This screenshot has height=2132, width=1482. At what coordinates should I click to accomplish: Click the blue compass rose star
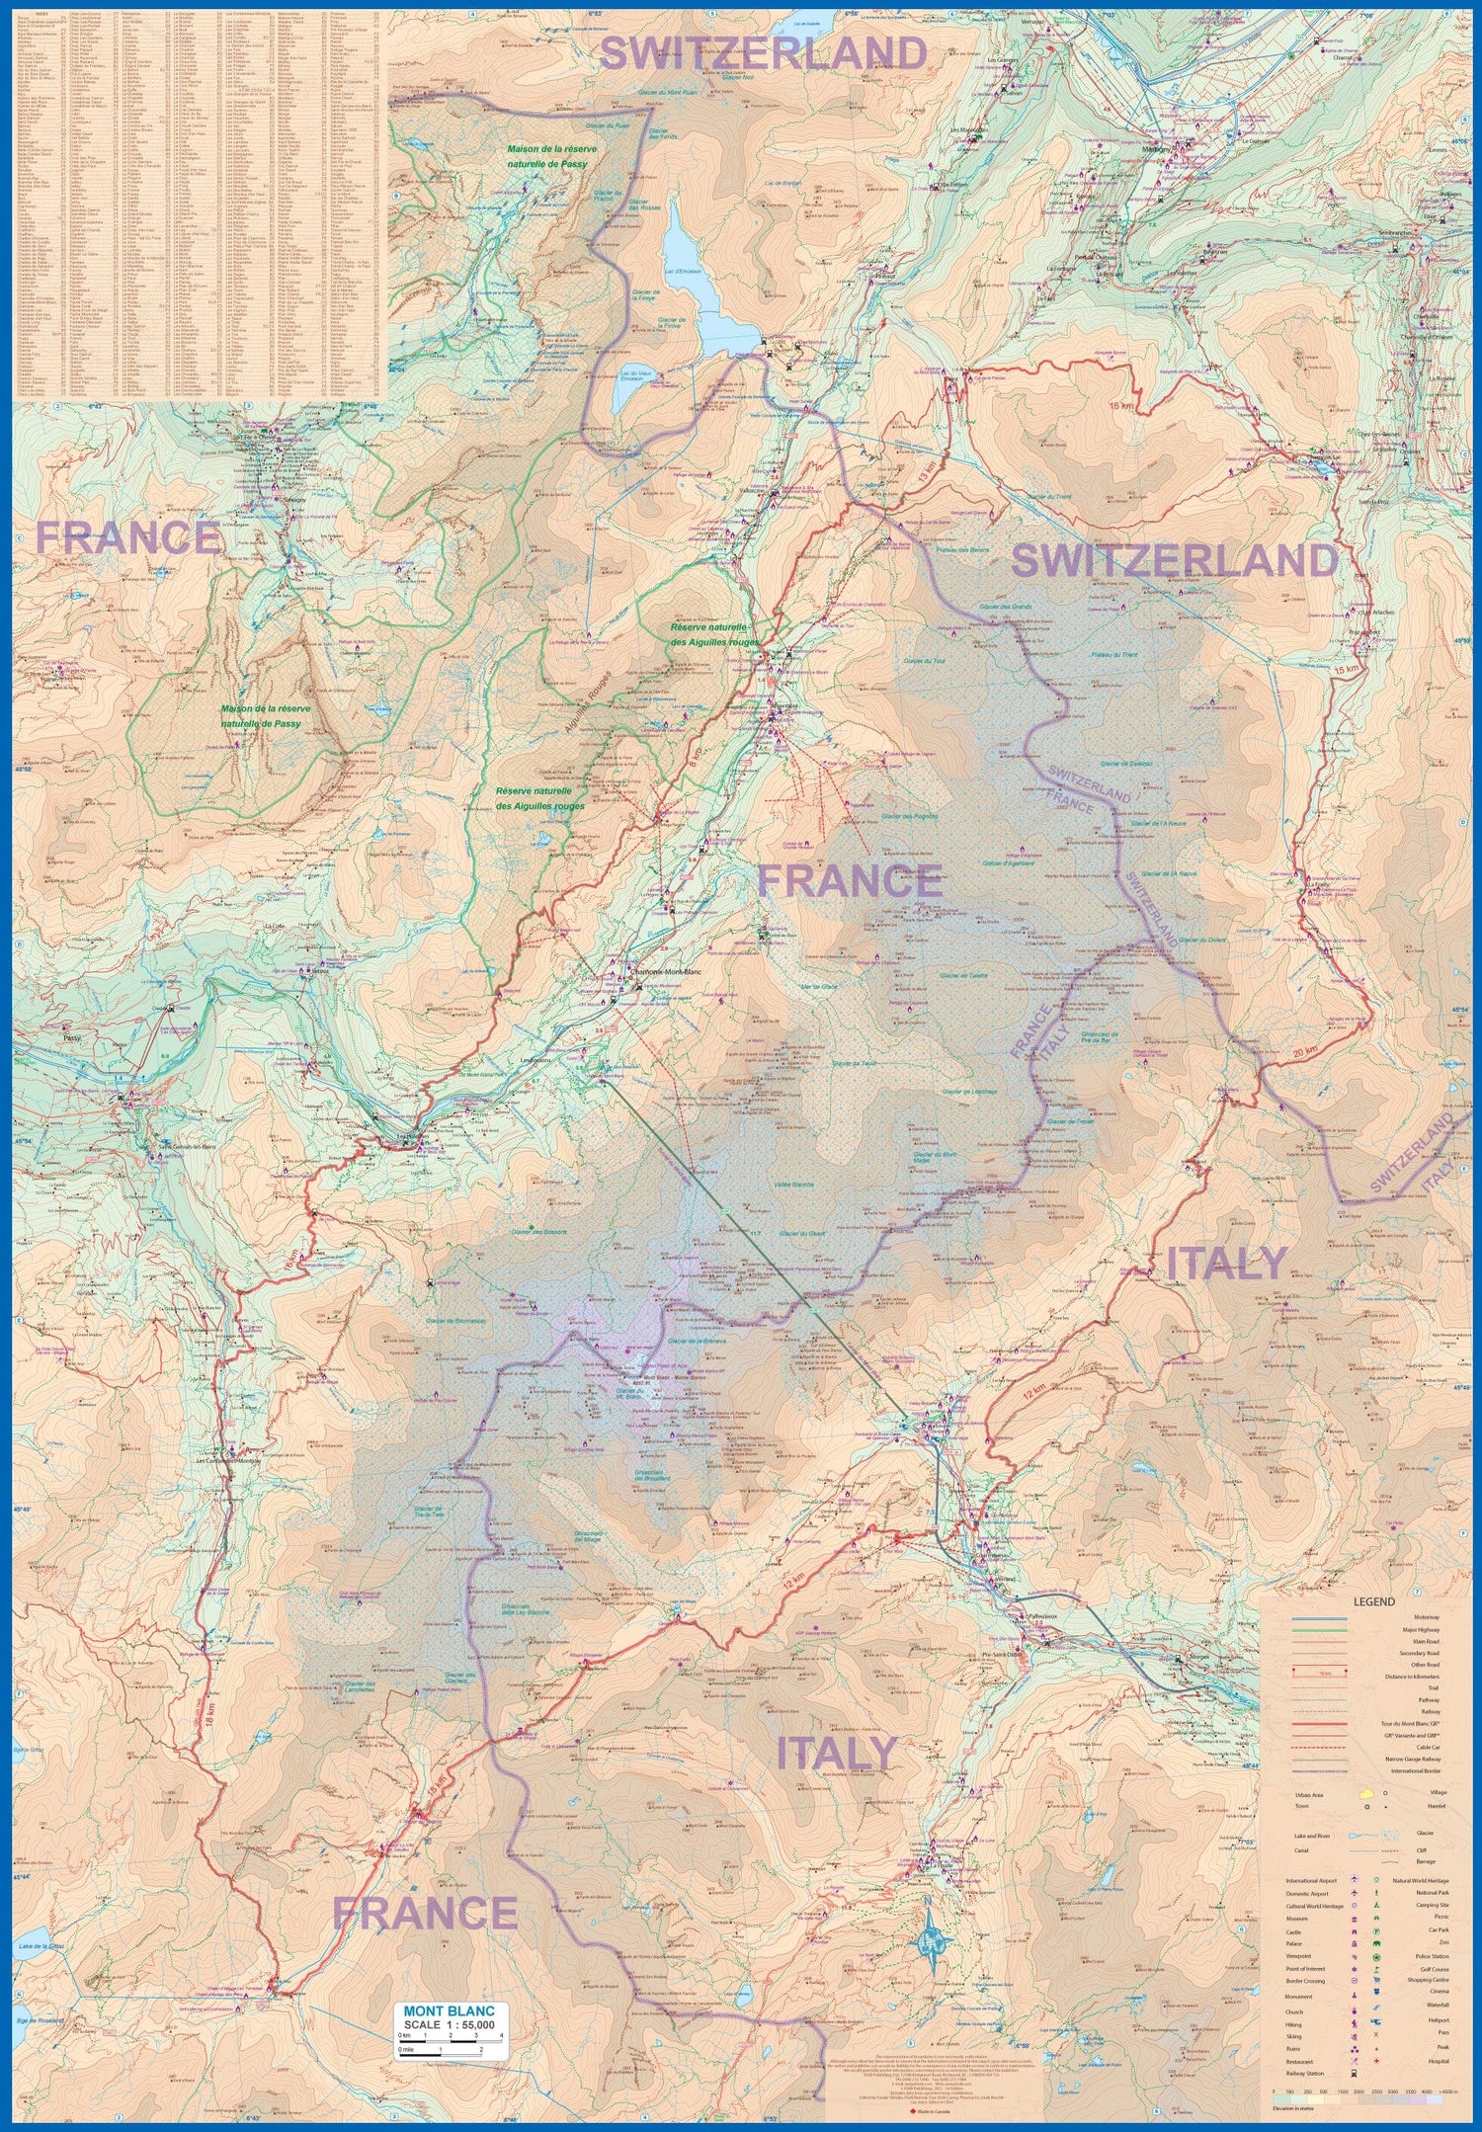[933, 1941]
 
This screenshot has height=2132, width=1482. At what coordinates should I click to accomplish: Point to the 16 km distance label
[1119, 406]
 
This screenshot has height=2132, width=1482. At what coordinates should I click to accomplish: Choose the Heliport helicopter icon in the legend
[1376, 2019]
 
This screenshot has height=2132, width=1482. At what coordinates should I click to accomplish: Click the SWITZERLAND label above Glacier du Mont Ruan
[763, 53]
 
